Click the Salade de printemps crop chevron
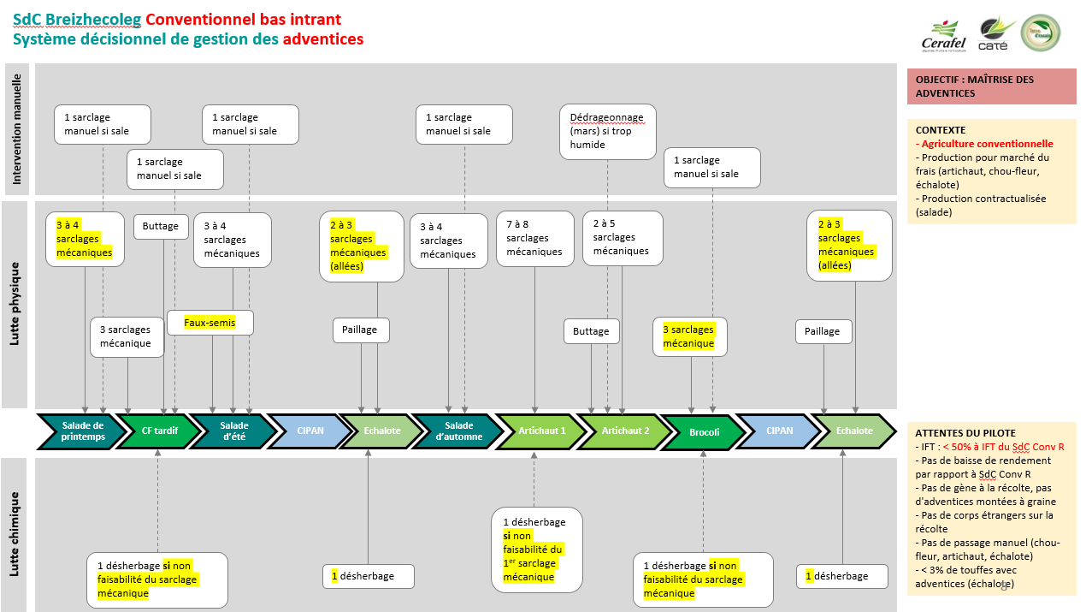point(82,431)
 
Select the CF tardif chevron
point(159,431)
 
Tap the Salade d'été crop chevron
point(233,431)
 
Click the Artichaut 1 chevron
point(542,431)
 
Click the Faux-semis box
point(210,323)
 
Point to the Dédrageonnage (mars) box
point(607,131)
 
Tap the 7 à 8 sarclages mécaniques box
point(534,238)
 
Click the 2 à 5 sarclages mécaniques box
point(621,237)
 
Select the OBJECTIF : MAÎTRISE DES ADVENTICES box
point(991,86)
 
